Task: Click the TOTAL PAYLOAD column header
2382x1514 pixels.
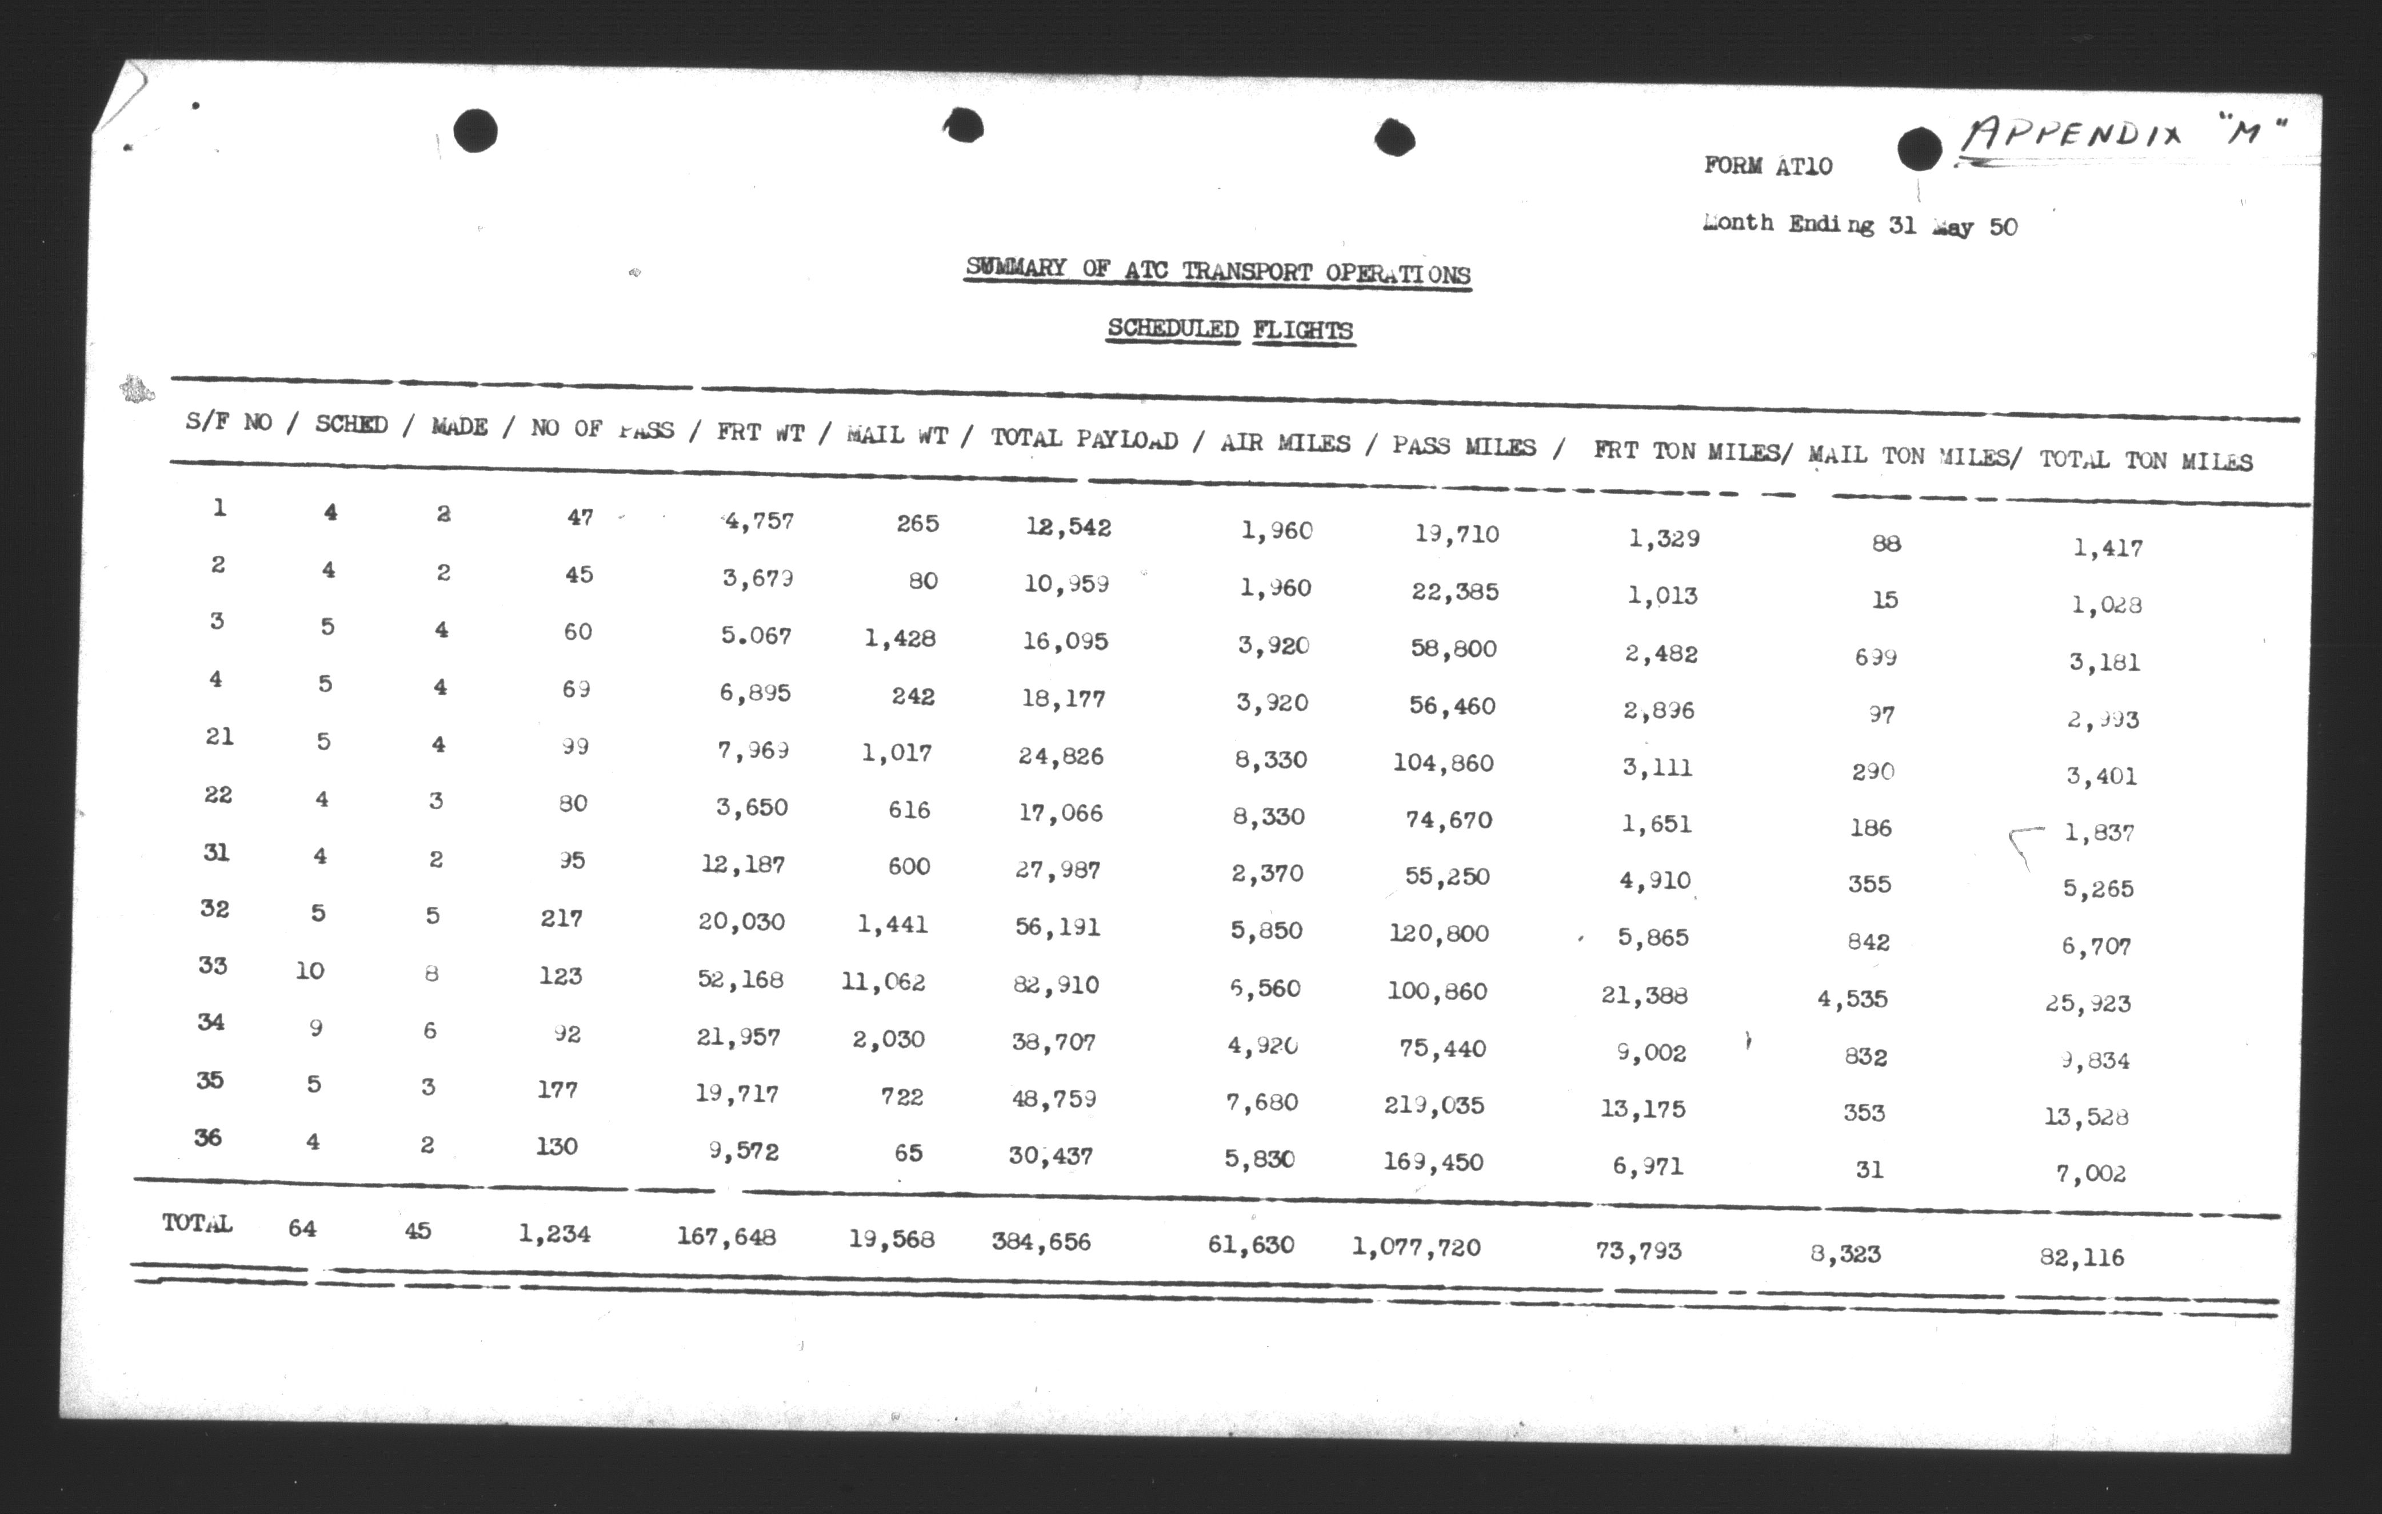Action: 1084,439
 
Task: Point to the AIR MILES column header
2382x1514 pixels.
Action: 1284,443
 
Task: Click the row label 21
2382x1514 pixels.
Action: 219,736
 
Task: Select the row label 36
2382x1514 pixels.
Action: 207,1137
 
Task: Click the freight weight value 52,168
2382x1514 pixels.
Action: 740,979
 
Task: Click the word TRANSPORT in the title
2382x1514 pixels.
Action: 1248,272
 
